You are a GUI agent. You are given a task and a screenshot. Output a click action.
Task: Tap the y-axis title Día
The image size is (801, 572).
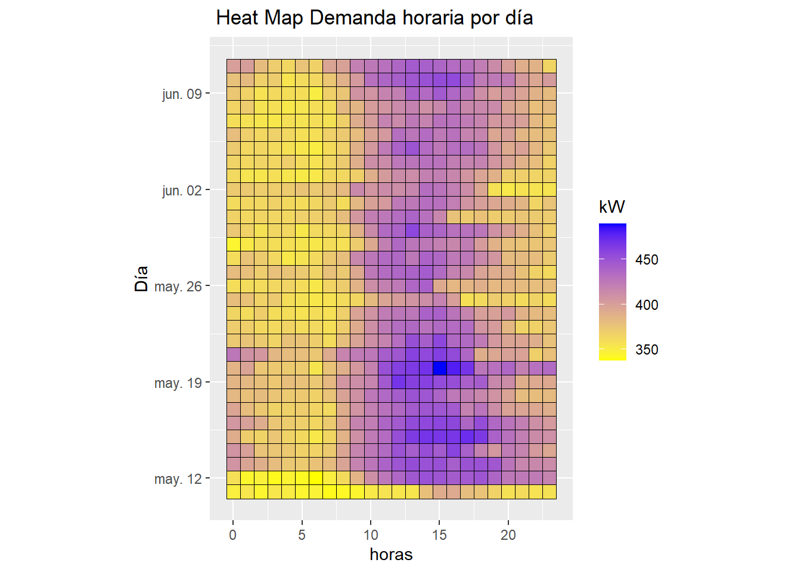(x=141, y=279)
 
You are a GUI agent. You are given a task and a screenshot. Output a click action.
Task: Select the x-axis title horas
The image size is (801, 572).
(x=391, y=554)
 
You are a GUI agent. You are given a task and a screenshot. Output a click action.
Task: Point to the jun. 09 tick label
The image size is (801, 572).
(x=182, y=94)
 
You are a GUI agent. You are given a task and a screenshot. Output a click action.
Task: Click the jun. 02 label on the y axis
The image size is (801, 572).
(x=182, y=191)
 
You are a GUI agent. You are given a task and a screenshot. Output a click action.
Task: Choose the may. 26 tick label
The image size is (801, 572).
(x=178, y=287)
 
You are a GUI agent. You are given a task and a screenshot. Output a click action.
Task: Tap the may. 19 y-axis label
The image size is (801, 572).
(x=178, y=383)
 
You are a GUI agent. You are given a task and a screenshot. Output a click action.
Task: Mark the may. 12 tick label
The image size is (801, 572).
(x=178, y=479)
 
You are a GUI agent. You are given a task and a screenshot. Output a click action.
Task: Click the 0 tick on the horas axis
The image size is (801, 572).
(x=233, y=535)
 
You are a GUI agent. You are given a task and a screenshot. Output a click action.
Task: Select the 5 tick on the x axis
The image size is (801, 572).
(x=302, y=535)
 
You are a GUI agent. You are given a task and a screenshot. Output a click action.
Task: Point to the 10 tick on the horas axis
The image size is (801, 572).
(x=371, y=535)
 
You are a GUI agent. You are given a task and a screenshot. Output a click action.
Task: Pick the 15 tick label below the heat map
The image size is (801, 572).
(x=439, y=535)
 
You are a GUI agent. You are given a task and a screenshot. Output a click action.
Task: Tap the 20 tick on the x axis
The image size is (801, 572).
(x=508, y=535)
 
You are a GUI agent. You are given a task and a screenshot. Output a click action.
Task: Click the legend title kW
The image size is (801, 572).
(x=612, y=207)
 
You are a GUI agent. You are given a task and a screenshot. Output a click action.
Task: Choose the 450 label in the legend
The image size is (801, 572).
(x=647, y=260)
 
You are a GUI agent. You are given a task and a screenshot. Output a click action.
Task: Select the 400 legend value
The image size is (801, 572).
(x=647, y=305)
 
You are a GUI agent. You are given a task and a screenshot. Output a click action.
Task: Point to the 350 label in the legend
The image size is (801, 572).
(x=647, y=350)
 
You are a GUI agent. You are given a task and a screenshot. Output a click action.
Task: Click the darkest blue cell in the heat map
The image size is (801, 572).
(x=440, y=368)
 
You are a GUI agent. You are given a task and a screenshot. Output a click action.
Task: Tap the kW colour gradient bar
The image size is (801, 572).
(x=613, y=292)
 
